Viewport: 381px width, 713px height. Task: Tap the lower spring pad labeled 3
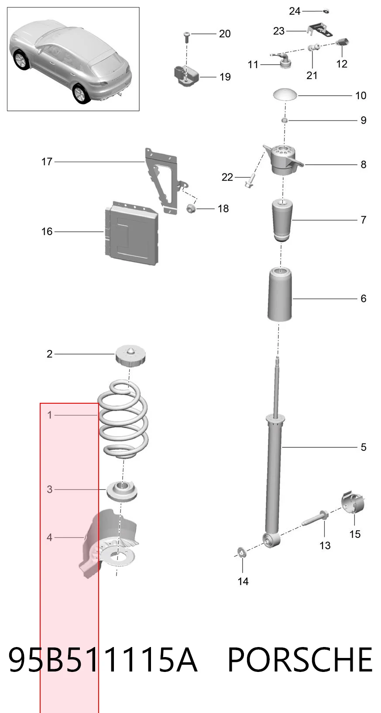(x=121, y=492)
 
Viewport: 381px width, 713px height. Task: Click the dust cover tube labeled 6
(x=280, y=295)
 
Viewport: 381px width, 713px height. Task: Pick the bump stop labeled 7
(x=282, y=220)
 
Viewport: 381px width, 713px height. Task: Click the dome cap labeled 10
(x=285, y=95)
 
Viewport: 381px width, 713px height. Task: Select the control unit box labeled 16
(x=131, y=233)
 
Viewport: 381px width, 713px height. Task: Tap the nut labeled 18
(x=191, y=209)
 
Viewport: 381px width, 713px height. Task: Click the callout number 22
(x=227, y=177)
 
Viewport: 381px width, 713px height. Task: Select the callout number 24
(x=295, y=11)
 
